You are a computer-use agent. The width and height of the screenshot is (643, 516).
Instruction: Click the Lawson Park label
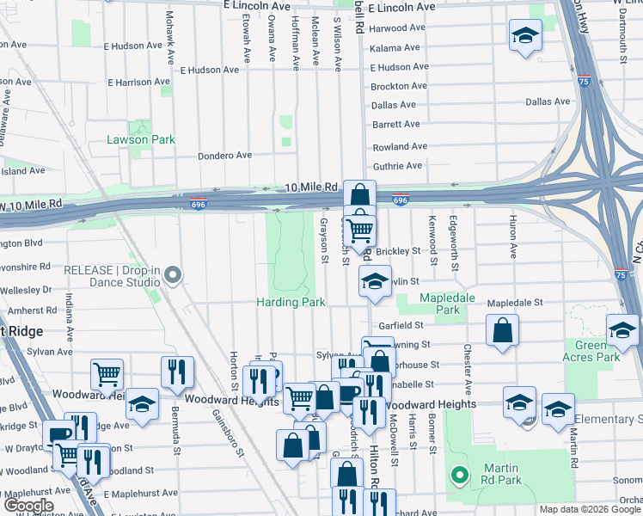[x=141, y=139]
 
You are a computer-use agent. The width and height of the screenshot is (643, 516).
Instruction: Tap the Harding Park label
[x=291, y=302]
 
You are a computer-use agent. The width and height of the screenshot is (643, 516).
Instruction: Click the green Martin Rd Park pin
[x=460, y=474]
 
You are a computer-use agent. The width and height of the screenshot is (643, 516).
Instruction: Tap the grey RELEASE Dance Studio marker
[x=173, y=276]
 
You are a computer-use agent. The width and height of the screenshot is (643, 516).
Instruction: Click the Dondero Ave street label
[x=224, y=156]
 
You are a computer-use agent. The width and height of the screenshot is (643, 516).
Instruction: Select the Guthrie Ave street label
[x=397, y=166]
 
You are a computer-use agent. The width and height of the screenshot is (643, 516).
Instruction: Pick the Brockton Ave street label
[x=399, y=86]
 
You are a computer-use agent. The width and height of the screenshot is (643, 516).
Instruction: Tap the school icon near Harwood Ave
[x=525, y=36]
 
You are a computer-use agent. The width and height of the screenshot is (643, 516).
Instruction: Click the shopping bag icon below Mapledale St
[x=502, y=330]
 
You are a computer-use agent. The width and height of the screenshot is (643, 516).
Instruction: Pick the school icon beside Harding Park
[x=375, y=282]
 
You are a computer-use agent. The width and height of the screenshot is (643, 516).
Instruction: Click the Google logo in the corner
[x=28, y=506]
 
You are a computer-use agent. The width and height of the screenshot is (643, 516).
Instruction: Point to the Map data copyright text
[x=590, y=509]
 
